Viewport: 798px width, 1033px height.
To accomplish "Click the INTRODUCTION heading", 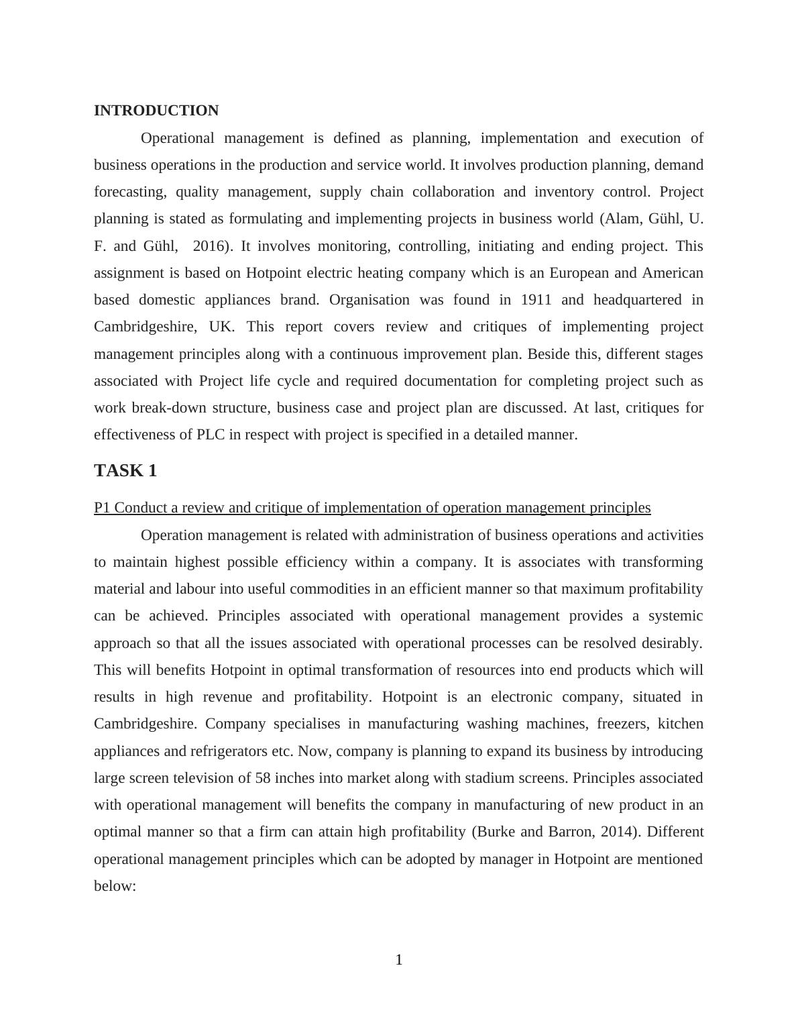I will (156, 111).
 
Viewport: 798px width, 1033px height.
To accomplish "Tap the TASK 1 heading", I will (125, 471).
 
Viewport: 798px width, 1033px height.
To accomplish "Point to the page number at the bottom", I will (399, 960).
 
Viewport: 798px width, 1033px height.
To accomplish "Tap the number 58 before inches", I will (263, 778).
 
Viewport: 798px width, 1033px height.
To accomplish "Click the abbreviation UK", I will (221, 327).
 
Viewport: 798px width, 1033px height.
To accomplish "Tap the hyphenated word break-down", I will (168, 408).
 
